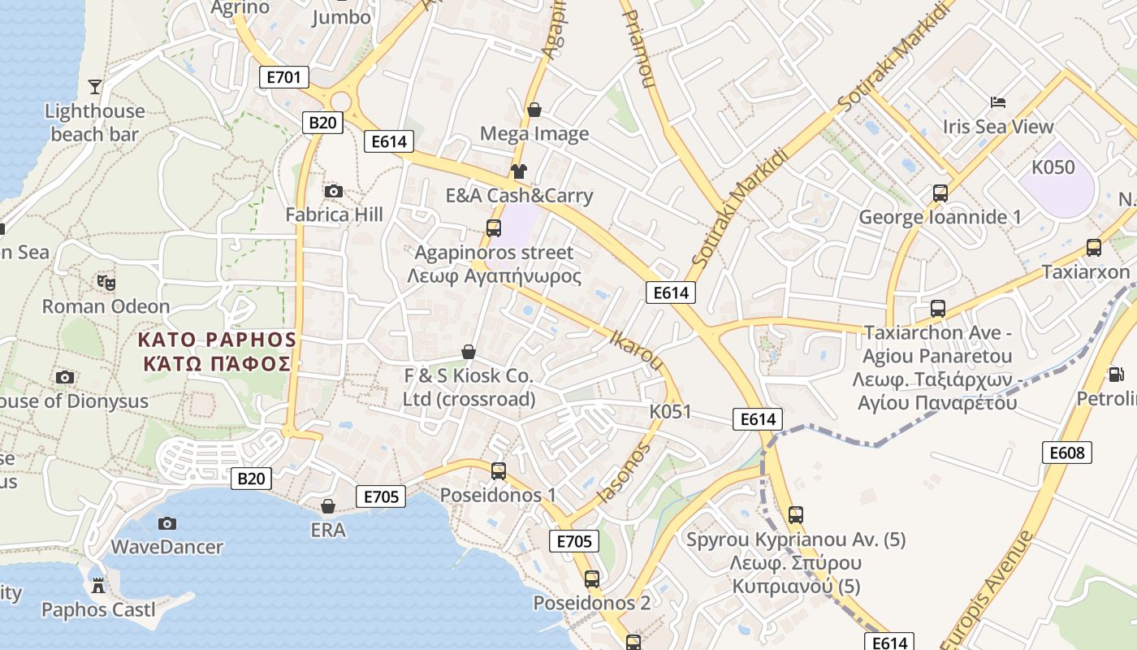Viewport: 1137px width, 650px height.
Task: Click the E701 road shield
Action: pyautogui.click(x=284, y=78)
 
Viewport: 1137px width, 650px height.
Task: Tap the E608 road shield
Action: pyautogui.click(x=1067, y=453)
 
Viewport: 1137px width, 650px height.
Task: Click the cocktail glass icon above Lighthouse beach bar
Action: pyautogui.click(x=95, y=86)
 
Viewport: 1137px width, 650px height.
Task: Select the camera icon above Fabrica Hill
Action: pyautogui.click(x=334, y=192)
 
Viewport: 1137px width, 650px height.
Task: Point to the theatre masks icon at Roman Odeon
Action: pyautogui.click(x=106, y=283)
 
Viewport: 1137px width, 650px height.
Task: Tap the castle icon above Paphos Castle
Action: pyautogui.click(x=98, y=585)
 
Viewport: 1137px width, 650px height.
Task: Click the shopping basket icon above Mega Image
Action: pyautogui.click(x=534, y=110)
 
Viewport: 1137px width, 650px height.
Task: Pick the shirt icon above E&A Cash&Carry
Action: pyautogui.click(x=519, y=171)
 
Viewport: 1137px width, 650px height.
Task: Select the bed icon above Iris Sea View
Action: pyautogui.click(x=998, y=102)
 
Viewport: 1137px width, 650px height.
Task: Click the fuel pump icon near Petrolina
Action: pyautogui.click(x=1117, y=375)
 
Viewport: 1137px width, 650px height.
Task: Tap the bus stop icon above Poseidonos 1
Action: pyautogui.click(x=499, y=471)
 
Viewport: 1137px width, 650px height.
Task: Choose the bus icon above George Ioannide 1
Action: pyautogui.click(x=940, y=193)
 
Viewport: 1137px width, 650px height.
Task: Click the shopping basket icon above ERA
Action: pyautogui.click(x=328, y=507)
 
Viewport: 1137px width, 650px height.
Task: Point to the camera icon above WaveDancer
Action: pyautogui.click(x=167, y=523)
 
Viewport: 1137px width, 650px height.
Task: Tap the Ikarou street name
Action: pyautogui.click(x=636, y=349)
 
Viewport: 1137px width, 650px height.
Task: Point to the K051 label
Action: pyautogui.click(x=670, y=411)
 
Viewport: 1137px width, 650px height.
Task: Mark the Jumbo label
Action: pyautogui.click(x=341, y=17)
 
